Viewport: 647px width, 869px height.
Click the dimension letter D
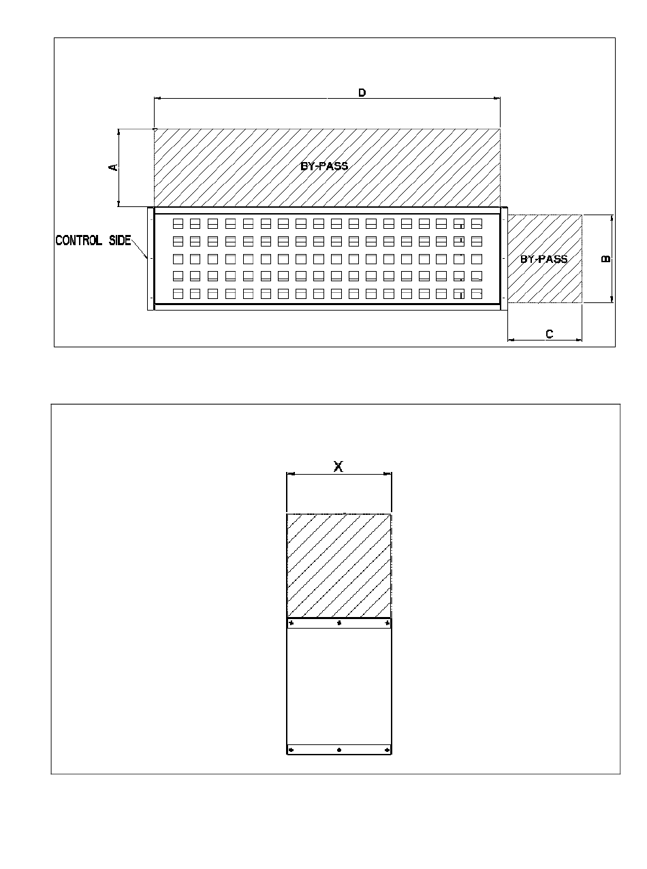tap(362, 93)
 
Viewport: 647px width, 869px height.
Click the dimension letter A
tap(113, 168)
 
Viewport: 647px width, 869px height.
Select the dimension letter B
tap(605, 259)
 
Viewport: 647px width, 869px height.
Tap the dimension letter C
tap(550, 334)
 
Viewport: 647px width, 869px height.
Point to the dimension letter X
tap(338, 467)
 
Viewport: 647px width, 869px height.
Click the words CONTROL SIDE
tap(93, 240)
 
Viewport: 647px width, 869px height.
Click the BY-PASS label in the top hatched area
tap(324, 166)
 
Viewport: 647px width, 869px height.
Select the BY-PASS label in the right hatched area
tap(543, 259)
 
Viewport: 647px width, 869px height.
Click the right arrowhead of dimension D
tap(497, 98)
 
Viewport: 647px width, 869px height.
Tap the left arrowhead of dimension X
tap(290, 474)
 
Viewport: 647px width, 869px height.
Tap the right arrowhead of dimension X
tap(388, 474)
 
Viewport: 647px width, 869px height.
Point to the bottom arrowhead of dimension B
tap(612, 300)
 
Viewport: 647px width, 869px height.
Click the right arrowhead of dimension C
tap(579, 340)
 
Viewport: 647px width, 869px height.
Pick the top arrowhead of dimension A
tap(119, 131)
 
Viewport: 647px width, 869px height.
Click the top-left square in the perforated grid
tap(178, 223)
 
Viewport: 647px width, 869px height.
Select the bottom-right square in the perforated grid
tap(477, 294)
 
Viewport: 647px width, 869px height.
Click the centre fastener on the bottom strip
tap(339, 750)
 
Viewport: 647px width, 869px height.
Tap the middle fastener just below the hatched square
tap(339, 623)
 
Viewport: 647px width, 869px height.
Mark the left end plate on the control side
tap(151, 259)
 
